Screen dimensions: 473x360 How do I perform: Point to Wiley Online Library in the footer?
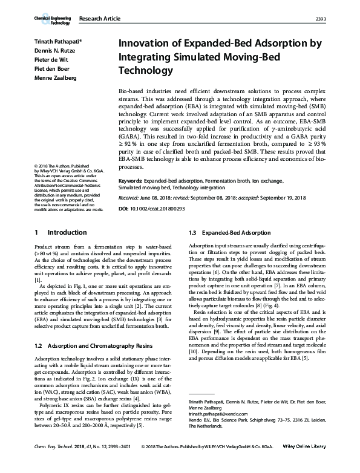pyautogui.click(x=308, y=463)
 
